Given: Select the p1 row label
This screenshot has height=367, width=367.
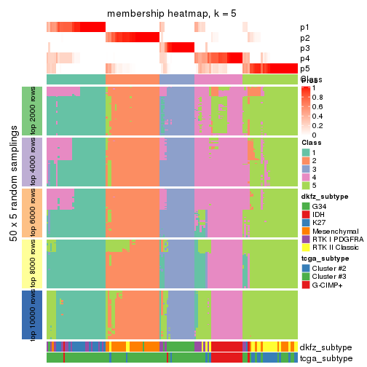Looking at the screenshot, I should tap(304, 28).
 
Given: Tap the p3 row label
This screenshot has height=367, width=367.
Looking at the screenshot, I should tap(304, 48).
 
